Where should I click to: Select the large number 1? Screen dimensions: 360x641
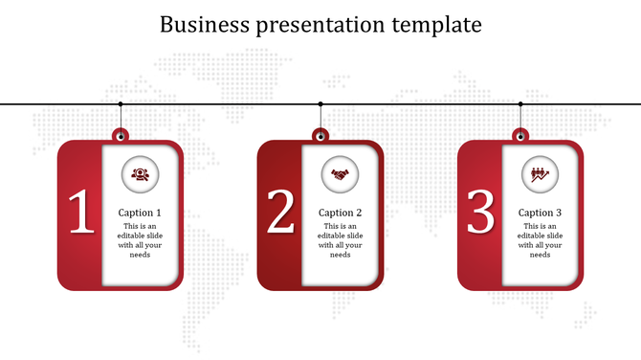pyautogui.click(x=80, y=212)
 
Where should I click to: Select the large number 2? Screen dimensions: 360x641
pyautogui.click(x=280, y=212)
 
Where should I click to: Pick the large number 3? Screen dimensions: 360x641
pyautogui.click(x=480, y=212)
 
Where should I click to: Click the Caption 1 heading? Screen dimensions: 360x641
pyautogui.click(x=140, y=213)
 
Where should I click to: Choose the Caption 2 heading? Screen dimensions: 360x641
pyautogui.click(x=340, y=213)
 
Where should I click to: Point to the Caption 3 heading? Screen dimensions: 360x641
pyautogui.click(x=540, y=213)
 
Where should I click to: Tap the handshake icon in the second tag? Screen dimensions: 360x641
pyautogui.click(x=340, y=174)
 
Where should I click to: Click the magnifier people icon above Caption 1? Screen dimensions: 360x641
pyautogui.click(x=140, y=174)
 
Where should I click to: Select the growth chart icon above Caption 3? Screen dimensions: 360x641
pyautogui.click(x=540, y=174)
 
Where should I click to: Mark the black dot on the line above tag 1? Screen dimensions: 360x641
pyautogui.click(x=121, y=103)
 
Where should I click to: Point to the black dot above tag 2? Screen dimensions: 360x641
pyautogui.click(x=320, y=103)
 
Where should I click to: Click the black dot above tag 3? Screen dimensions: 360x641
pyautogui.click(x=520, y=103)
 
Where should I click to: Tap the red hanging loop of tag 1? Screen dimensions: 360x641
pyautogui.click(x=121, y=133)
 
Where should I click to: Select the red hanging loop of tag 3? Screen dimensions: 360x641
pyautogui.click(x=520, y=133)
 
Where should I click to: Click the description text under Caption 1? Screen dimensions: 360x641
pyautogui.click(x=140, y=240)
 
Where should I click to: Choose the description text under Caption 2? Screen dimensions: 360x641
pyautogui.click(x=340, y=240)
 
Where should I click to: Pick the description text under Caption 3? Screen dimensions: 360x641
pyautogui.click(x=540, y=240)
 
